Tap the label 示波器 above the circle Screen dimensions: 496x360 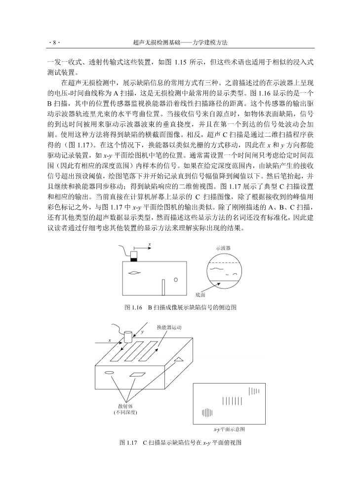click(x=223, y=248)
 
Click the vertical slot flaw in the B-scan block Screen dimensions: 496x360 click(x=163, y=287)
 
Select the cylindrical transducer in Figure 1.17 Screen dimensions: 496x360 click(x=129, y=337)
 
